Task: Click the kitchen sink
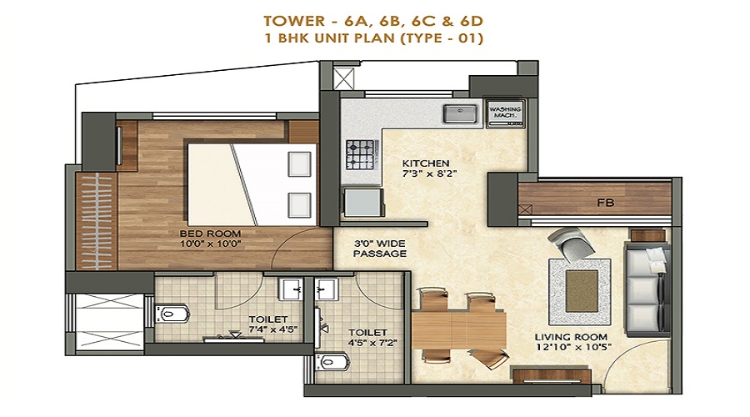[460, 114]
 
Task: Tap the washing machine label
[506, 113]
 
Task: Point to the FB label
[605, 203]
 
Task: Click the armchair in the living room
[572, 244]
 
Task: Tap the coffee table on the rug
[582, 290]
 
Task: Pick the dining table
[458, 330]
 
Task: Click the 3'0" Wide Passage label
[380, 249]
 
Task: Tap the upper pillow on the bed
[299, 163]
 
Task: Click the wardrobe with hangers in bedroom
[97, 221]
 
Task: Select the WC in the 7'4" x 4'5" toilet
[172, 314]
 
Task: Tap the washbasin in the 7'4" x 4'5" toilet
[291, 289]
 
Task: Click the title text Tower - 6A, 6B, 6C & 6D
[373, 21]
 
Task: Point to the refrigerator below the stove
[363, 202]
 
